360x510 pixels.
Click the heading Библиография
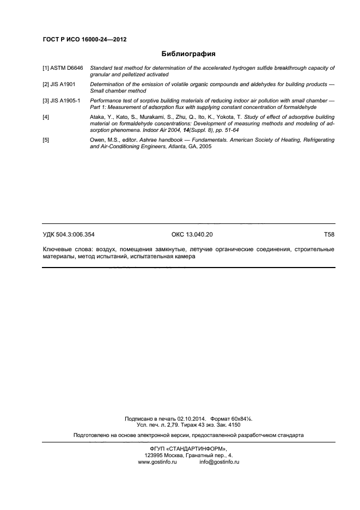188,54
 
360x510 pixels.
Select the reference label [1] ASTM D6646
63,68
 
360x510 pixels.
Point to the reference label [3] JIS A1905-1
62,101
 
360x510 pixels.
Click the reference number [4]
46,117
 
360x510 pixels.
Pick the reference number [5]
46,141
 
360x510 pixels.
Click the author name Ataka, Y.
101,117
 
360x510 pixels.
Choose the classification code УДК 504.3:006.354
69,234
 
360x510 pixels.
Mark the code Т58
328,234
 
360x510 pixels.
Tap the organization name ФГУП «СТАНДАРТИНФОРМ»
188,448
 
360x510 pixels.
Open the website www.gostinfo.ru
158,462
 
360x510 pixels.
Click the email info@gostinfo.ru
219,462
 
